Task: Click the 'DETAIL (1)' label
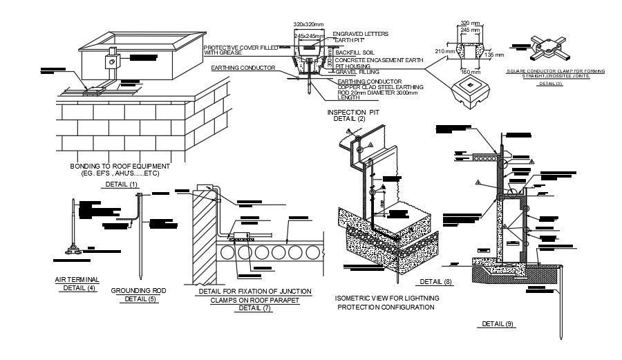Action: pos(121,184)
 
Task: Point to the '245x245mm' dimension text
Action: pos(309,35)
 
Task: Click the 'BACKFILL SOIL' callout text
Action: pos(356,52)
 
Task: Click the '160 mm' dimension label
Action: pos(469,71)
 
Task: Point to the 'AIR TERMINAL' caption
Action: pos(77,279)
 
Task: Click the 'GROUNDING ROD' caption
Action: pos(138,291)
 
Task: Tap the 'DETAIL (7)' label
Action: pos(254,308)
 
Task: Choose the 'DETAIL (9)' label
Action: pos(498,323)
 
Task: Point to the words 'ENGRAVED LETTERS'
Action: pos(360,33)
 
